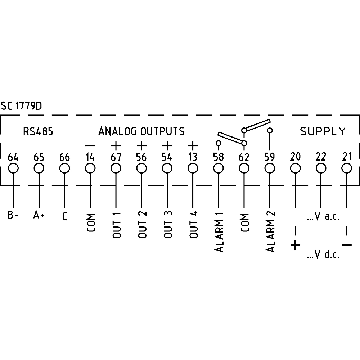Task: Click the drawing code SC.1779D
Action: [21, 106]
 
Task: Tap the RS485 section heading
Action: [38, 131]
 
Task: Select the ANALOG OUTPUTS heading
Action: [141, 131]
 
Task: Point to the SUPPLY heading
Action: [323, 131]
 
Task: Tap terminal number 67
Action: [116, 157]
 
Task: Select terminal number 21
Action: [347, 157]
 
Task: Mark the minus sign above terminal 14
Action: [90, 145]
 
